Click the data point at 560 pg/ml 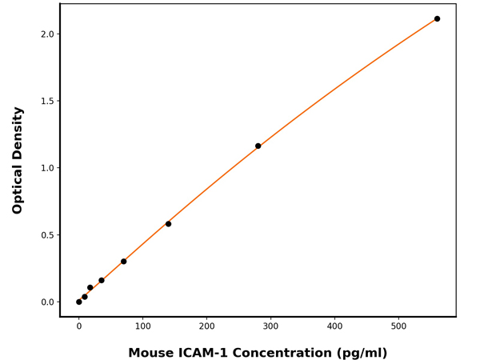point(437,18)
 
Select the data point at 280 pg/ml point(258,146)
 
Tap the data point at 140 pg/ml point(168,224)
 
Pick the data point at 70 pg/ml point(123,262)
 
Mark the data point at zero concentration point(78,302)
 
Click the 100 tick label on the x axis point(142,326)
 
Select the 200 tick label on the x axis point(206,326)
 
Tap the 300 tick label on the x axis point(270,326)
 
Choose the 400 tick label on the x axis point(334,326)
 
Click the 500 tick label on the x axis point(398,326)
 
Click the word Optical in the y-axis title point(18,187)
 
